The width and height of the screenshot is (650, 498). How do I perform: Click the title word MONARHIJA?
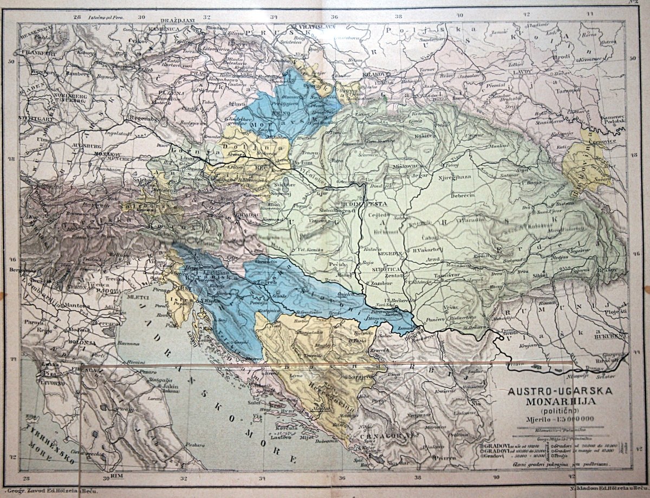click(558, 402)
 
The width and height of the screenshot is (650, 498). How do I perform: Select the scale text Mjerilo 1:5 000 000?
click(558, 418)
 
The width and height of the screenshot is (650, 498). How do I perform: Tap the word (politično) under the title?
click(558, 410)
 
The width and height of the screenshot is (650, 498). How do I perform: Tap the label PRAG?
click(196, 73)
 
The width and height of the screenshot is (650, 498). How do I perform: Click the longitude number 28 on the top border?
click(77, 17)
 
